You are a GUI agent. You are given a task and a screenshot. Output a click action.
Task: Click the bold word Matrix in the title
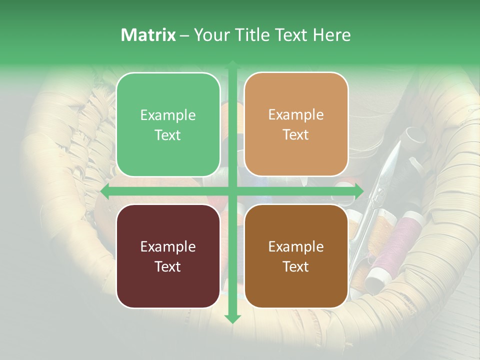[148, 35]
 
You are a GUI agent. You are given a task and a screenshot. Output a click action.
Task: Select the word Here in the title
[332, 35]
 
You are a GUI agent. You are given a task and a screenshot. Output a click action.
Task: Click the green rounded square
[168, 124]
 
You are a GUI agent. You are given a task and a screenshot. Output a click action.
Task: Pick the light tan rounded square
[296, 124]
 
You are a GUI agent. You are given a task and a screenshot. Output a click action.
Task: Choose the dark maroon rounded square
[168, 256]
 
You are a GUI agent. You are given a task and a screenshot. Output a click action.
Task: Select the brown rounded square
[296, 256]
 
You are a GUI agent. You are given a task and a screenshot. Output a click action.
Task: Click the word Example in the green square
[168, 115]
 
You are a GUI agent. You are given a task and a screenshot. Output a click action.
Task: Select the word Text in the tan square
[296, 134]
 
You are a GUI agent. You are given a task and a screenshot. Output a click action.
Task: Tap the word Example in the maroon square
[168, 246]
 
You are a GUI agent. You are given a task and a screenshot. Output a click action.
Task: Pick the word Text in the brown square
[296, 266]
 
